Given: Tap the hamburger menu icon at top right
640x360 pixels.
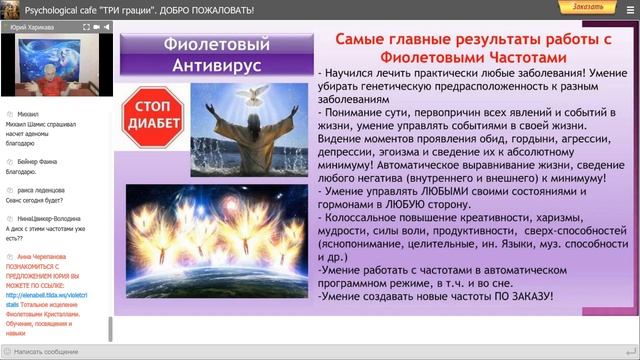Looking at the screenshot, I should [x=627, y=7].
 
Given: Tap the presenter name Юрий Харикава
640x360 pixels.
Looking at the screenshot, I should [x=31, y=30].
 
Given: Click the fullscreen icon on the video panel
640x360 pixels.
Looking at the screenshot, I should [x=100, y=30].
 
